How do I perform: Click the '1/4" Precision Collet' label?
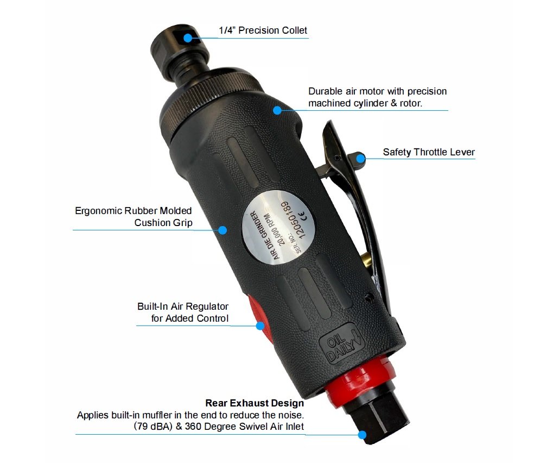263,30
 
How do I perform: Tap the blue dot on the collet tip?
188,37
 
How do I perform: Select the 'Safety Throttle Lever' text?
429,152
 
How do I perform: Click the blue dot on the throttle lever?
360,158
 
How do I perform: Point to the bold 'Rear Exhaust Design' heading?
254,403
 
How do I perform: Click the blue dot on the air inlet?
362,434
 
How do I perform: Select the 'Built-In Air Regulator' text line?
183,306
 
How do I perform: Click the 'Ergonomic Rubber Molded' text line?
133,210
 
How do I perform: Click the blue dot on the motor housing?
277,110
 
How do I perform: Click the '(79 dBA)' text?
149,427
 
